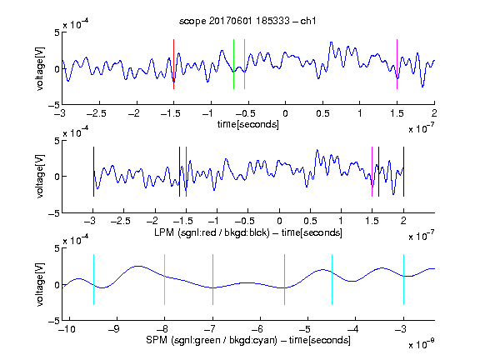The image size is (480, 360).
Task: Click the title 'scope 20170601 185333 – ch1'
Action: click(x=247, y=21)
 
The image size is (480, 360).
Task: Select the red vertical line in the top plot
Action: click(x=173, y=64)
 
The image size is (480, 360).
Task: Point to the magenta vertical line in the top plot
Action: click(x=397, y=64)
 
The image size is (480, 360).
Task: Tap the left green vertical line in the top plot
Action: click(x=233, y=64)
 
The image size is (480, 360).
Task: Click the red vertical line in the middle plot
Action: click(x=186, y=172)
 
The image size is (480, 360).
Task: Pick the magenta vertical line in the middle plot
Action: click(x=372, y=172)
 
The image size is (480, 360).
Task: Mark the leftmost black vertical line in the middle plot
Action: click(x=93, y=172)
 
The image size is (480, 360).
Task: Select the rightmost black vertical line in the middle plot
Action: click(x=403, y=172)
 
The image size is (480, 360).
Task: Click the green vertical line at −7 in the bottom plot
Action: click(x=212, y=279)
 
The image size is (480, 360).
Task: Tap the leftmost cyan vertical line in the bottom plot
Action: click(x=93, y=279)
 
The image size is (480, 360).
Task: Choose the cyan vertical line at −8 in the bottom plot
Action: click(x=165, y=279)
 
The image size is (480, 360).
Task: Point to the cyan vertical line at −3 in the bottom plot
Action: click(x=403, y=279)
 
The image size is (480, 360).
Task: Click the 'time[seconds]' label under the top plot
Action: click(x=248, y=124)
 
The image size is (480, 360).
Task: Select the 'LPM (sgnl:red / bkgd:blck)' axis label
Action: click(x=212, y=232)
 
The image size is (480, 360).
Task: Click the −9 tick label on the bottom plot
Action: click(x=114, y=329)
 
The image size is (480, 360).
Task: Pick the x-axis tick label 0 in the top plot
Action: click(x=285, y=113)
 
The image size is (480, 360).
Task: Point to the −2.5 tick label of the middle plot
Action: click(x=121, y=221)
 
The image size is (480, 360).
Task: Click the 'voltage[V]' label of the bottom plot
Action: click(x=40, y=285)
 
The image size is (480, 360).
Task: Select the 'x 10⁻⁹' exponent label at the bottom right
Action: click(x=421, y=344)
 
